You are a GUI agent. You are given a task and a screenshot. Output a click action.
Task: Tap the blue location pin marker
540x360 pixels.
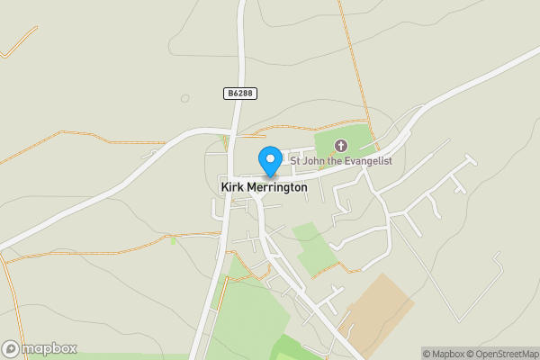pos(269,160)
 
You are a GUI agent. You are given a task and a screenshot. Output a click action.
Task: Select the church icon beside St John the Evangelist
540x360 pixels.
pos(341,146)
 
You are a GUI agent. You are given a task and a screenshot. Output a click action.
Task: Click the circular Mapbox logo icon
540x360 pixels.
pos(12,348)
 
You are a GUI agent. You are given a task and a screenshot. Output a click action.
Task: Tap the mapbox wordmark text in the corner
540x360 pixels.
pos(49,348)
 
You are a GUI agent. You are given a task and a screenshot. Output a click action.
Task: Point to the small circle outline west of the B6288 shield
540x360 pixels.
pos(185,98)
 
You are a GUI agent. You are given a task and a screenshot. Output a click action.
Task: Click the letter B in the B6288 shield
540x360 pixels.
pos(229,94)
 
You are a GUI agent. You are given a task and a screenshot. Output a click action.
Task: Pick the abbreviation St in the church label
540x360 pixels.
pos(295,161)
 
